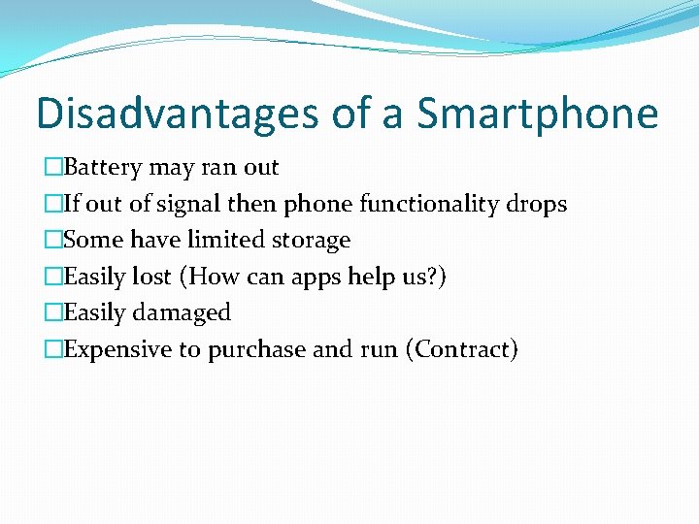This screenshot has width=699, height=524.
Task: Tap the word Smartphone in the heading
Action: [x=538, y=114]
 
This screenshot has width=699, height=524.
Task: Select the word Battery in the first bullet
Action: [x=103, y=168]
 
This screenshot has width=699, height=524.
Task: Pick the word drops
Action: [x=537, y=205]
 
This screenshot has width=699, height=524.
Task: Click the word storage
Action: [x=310, y=240]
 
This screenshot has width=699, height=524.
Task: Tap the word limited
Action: [x=222, y=240]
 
